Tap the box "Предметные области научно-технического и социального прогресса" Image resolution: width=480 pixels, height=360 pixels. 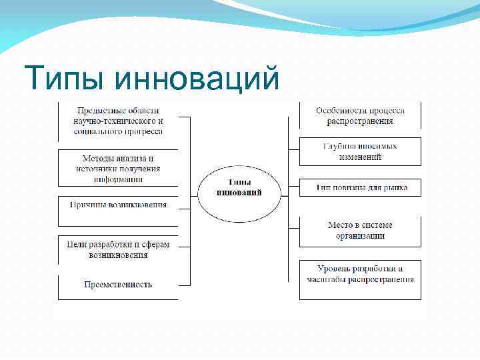coord(118,121)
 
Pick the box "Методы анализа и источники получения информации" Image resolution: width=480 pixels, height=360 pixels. coord(118,168)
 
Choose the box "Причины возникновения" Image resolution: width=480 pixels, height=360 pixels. coord(118,205)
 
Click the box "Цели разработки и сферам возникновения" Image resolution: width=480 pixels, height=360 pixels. coord(118,249)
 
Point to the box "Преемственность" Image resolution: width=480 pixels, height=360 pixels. coord(118,285)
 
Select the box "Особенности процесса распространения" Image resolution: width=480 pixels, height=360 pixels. coord(360,115)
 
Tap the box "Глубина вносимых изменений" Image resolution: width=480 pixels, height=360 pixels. coord(360,151)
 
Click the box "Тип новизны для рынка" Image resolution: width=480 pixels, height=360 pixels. coord(360,188)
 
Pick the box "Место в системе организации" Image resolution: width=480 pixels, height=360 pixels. coord(360,231)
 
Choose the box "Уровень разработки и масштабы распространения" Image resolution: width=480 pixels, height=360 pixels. coord(360,273)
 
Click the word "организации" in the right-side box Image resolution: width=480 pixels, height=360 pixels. coord(360,236)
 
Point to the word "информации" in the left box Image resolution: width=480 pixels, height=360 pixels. coord(118,179)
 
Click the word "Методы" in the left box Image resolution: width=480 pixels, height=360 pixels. coord(97,159)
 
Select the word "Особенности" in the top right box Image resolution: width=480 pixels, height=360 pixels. coord(339,110)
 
